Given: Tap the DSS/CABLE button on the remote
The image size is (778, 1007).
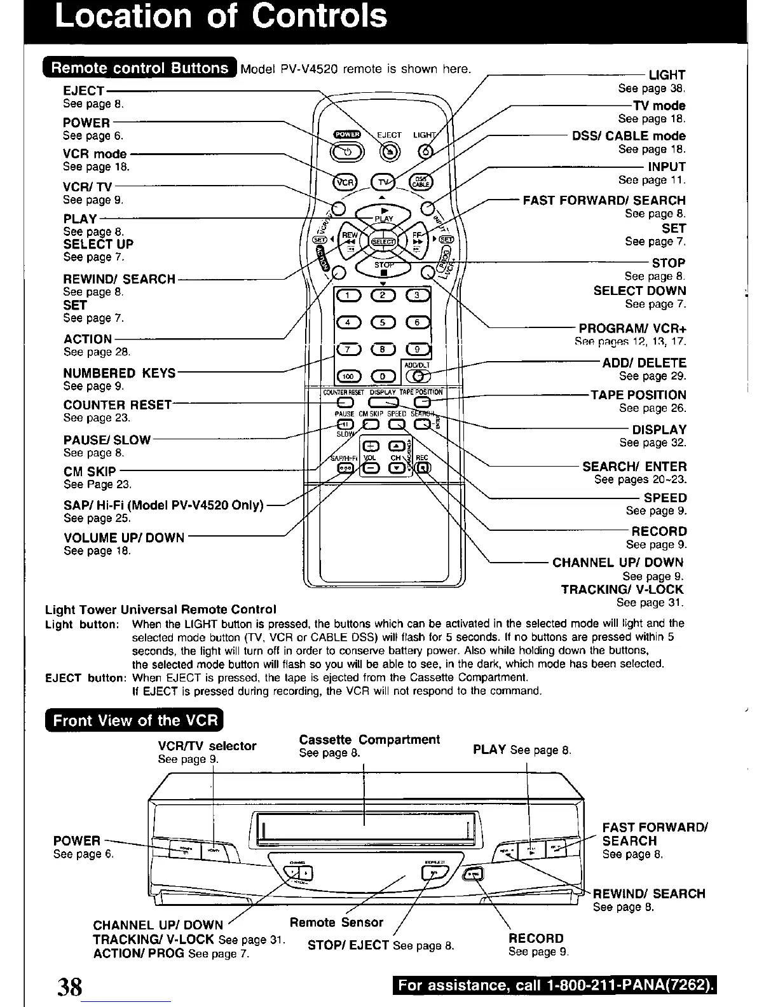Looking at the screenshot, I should [421, 182].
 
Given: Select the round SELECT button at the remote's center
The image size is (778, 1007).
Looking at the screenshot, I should [383, 241].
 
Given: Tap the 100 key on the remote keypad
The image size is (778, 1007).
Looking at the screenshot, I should [348, 376].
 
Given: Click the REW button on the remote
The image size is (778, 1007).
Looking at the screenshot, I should [350, 241].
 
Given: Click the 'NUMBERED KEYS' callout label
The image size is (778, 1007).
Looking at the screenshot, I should [119, 373].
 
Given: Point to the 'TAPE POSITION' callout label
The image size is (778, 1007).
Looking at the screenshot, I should [638, 395].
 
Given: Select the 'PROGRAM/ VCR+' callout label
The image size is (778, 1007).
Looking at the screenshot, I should [632, 329].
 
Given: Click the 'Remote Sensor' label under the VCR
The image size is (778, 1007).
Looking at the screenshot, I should [336, 922].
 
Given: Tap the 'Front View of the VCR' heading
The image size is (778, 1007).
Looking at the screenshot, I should [135, 720].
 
